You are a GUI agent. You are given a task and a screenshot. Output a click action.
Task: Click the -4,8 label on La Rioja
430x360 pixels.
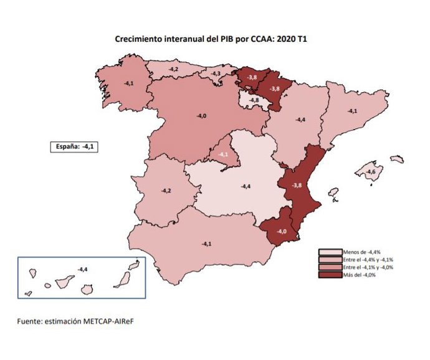[x=254, y=100]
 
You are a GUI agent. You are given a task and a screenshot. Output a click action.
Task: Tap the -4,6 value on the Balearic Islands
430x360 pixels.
[x=371, y=172]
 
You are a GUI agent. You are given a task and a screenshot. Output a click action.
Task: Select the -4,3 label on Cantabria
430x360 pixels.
[x=216, y=74]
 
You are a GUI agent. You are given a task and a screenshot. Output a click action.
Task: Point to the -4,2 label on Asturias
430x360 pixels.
[x=174, y=69]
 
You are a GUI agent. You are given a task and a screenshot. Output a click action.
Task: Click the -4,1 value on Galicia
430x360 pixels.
[x=129, y=82]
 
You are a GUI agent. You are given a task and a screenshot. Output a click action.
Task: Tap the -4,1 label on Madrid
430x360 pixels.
[x=222, y=154]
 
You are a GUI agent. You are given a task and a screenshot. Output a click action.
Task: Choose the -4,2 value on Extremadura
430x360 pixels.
[x=166, y=190]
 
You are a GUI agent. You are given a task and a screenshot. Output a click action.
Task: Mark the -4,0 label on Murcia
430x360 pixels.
[x=282, y=232]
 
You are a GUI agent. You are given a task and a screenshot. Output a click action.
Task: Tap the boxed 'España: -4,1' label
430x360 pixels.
[x=75, y=147]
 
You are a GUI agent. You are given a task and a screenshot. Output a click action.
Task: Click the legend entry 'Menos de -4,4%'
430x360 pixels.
[x=358, y=252]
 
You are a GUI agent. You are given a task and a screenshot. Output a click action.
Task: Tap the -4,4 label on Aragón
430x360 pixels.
[x=300, y=120]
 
